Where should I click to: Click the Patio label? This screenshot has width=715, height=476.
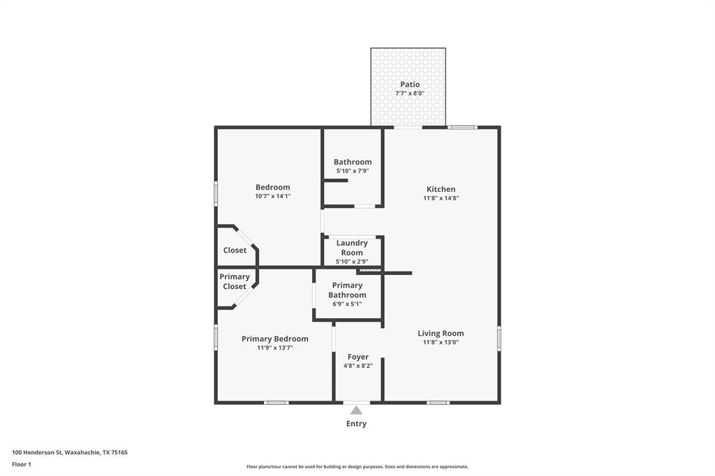(x=410, y=84)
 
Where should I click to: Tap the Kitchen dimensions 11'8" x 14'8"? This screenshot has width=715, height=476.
(x=441, y=198)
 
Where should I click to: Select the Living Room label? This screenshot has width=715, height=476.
(x=441, y=333)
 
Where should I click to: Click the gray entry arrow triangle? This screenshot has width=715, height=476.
(x=357, y=410)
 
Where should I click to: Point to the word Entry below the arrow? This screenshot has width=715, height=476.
(x=356, y=424)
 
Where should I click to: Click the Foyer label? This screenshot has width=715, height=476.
(x=357, y=357)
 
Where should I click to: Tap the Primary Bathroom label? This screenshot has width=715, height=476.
(x=347, y=290)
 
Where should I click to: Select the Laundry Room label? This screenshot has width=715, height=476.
(x=352, y=248)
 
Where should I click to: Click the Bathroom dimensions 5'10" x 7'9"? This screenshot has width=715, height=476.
(x=352, y=171)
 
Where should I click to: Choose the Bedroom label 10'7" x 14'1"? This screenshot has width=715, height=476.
(x=272, y=187)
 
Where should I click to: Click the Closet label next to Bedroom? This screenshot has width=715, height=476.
(x=235, y=250)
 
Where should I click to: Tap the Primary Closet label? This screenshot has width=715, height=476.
(x=234, y=281)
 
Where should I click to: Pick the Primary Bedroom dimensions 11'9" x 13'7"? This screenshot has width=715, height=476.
(x=274, y=348)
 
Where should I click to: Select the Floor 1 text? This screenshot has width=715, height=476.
(x=22, y=464)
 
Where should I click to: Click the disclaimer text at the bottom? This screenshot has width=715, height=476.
(x=357, y=467)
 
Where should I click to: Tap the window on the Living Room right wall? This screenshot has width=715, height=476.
(x=499, y=338)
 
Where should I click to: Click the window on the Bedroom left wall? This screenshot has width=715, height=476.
(x=216, y=193)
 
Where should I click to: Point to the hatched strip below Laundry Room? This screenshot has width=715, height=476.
(x=369, y=270)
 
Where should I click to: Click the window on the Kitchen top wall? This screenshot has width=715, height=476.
(x=462, y=127)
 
